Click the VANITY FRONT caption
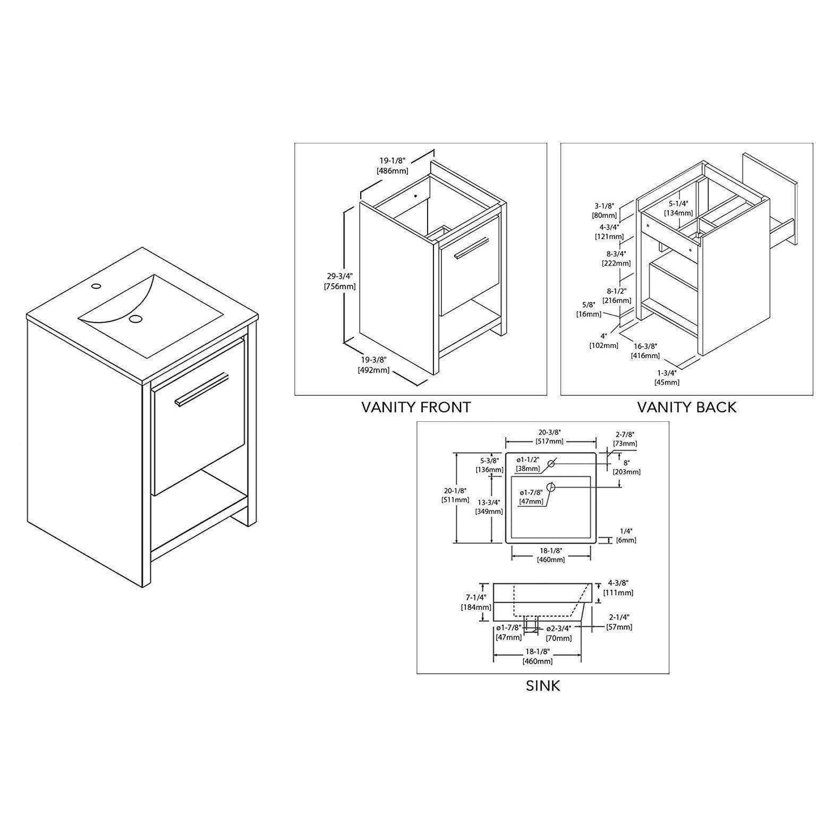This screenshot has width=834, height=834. pyautogui.click(x=416, y=407)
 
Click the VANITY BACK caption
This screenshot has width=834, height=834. pyautogui.click(x=686, y=407)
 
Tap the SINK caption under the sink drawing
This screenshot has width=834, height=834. pyautogui.click(x=542, y=685)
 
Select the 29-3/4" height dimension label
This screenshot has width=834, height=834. pyautogui.click(x=339, y=281)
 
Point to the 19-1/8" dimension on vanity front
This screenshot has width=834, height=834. pyautogui.click(x=393, y=165)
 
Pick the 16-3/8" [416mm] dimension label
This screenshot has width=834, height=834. pyautogui.click(x=645, y=351)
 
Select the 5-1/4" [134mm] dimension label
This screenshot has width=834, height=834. pyautogui.click(x=678, y=208)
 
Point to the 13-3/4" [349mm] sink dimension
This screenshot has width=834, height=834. pyautogui.click(x=489, y=507)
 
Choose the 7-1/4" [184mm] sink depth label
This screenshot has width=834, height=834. pyautogui.click(x=475, y=603)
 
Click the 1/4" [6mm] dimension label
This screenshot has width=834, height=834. pyautogui.click(x=625, y=535)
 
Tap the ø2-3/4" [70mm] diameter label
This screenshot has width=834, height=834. pyautogui.click(x=559, y=633)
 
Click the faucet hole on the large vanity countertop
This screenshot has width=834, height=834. pyautogui.click(x=96, y=287)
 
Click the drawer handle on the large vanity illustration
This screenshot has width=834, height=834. pyautogui.click(x=202, y=390)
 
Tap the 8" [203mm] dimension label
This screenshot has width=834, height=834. pyautogui.click(x=626, y=467)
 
